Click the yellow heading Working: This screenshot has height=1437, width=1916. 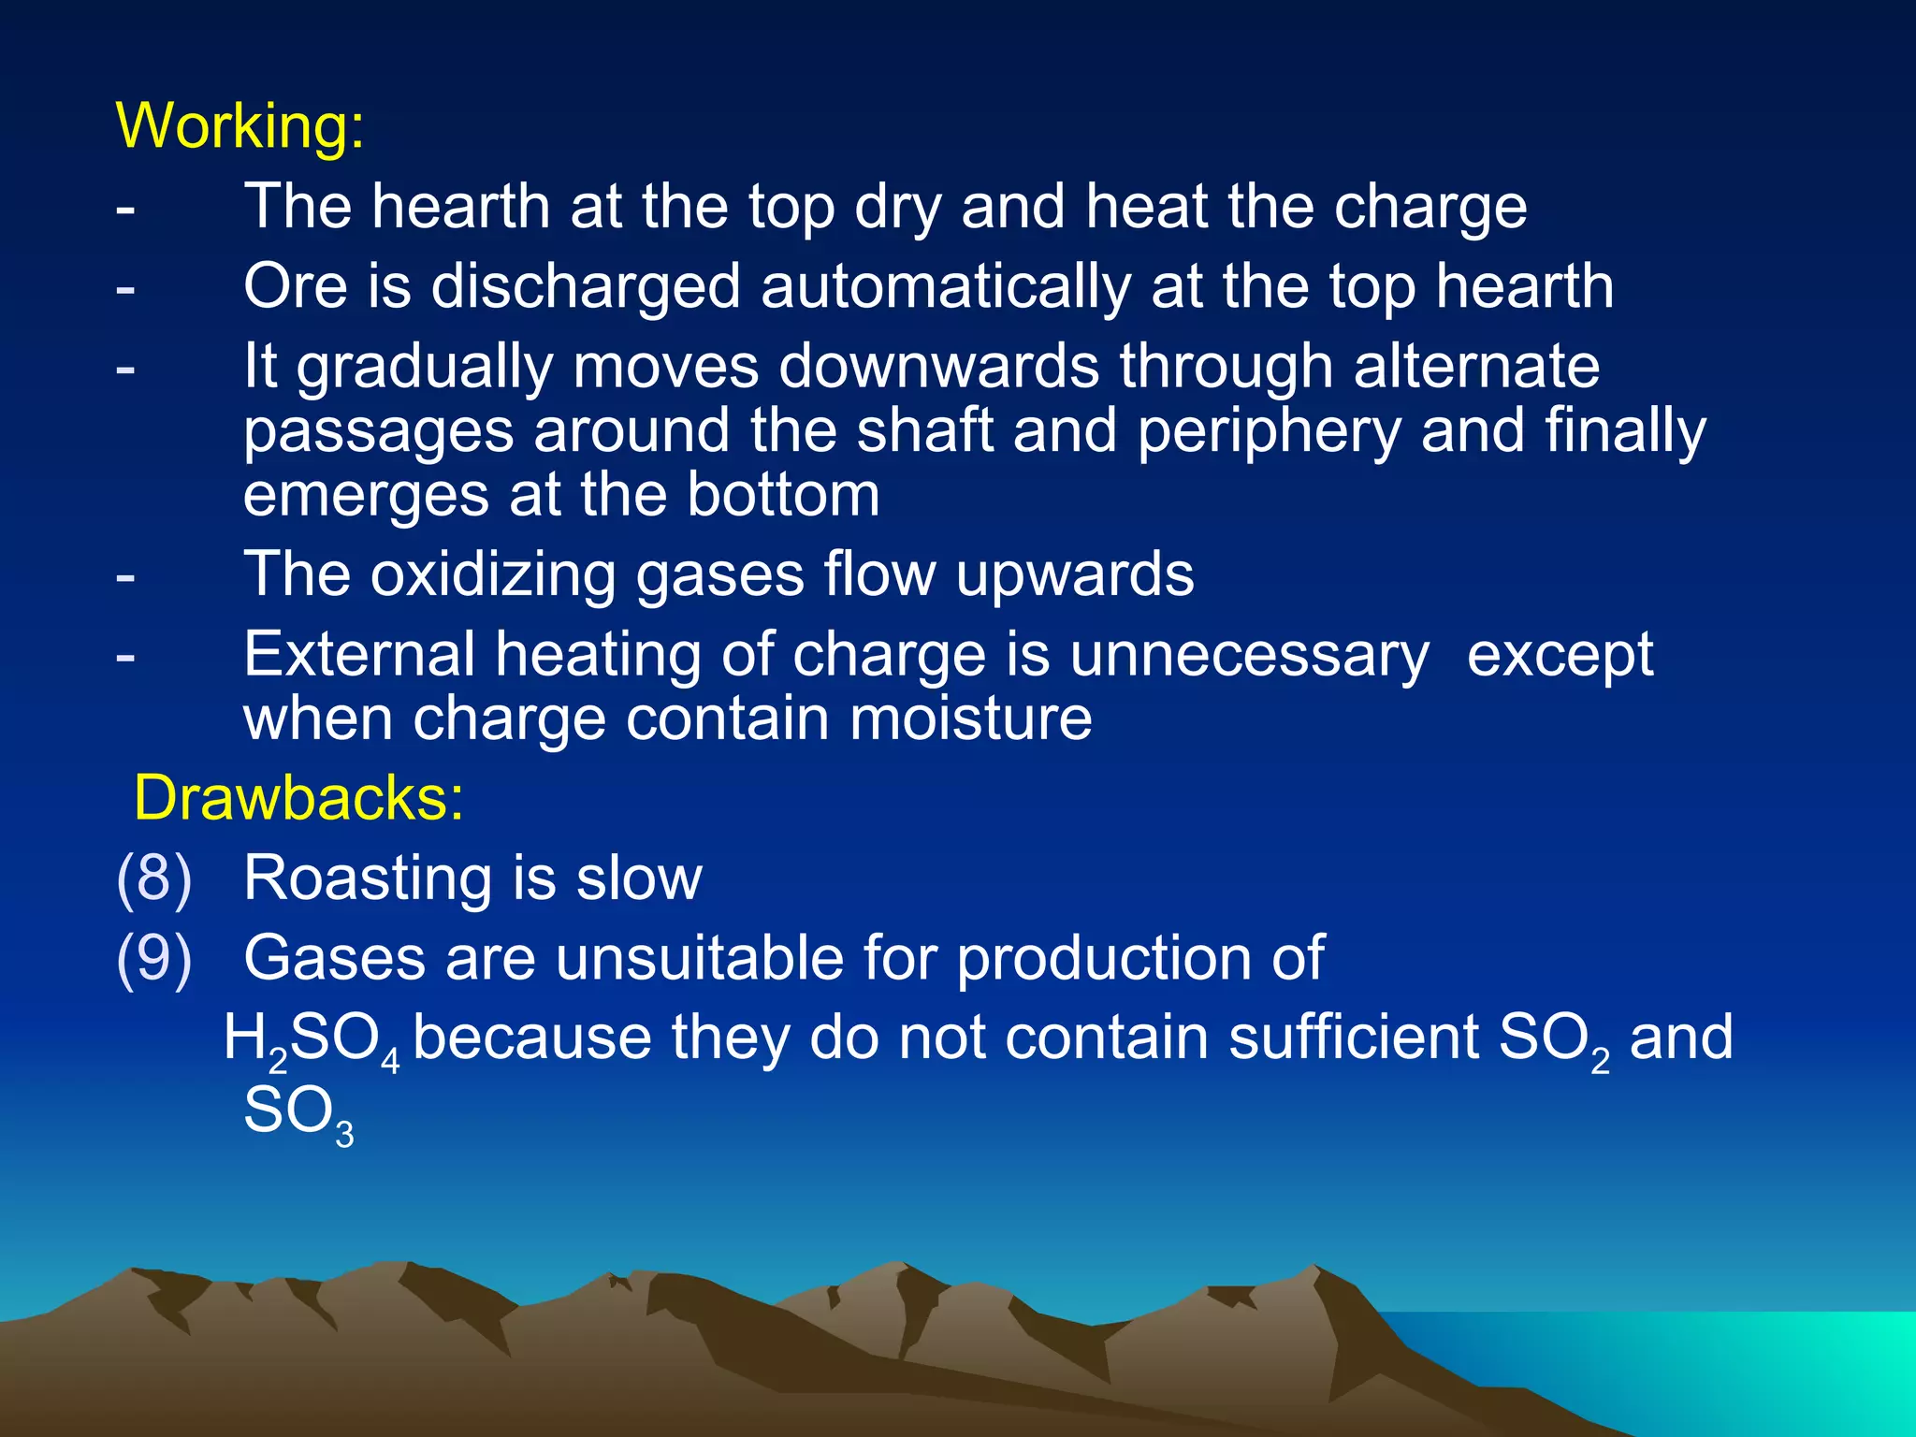pyautogui.click(x=239, y=125)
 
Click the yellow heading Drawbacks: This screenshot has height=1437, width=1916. pyautogui.click(x=298, y=798)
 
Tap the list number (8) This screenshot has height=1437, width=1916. pyautogui.click(x=153, y=878)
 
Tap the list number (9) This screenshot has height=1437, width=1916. pyautogui.click(x=153, y=958)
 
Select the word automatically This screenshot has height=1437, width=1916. pyautogui.click(x=946, y=286)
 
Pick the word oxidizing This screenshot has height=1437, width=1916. pyautogui.click(x=493, y=573)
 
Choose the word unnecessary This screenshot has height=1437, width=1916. pyautogui.click(x=1249, y=654)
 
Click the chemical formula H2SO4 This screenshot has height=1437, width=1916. pyautogui.click(x=312, y=1040)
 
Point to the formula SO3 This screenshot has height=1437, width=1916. pyautogui.click(x=298, y=1113)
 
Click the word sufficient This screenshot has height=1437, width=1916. pyautogui.click(x=1353, y=1038)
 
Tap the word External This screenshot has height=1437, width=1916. pyautogui.click(x=359, y=654)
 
